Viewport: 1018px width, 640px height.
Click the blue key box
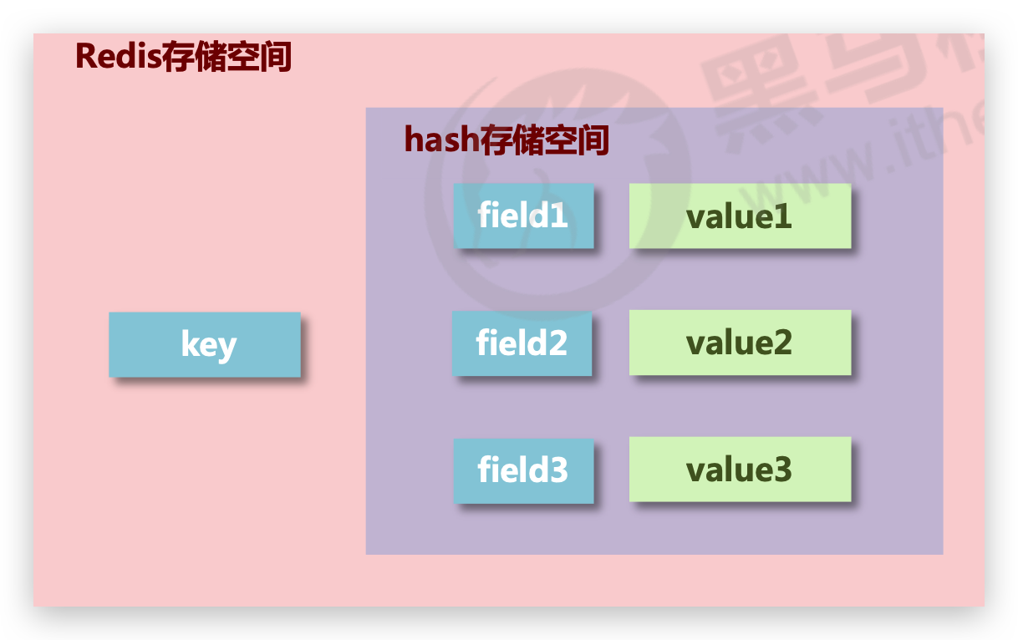205,344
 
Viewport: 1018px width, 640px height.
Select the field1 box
523,216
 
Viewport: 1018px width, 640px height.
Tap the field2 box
522,343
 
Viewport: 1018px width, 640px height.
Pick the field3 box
523,470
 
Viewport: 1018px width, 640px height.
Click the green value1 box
740,216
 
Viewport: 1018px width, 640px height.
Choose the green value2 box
740,343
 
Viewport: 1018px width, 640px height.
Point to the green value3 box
740,469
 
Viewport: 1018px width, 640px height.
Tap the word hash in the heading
441,140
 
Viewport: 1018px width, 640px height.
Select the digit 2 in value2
781,343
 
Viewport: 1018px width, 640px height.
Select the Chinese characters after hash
544,140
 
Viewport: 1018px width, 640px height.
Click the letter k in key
190,343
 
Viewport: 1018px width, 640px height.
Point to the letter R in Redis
85,56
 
